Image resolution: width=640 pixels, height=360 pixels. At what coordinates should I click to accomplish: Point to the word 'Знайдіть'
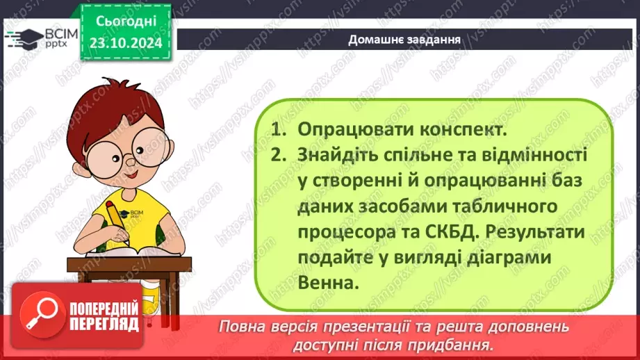pyautogui.click(x=337, y=154)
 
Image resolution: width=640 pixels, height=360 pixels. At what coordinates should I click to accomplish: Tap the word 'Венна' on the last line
pyautogui.click(x=325, y=282)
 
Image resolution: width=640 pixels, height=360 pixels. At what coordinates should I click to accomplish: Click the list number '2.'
pyautogui.click(x=279, y=154)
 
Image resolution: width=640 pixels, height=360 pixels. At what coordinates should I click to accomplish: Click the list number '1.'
pyautogui.click(x=279, y=129)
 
